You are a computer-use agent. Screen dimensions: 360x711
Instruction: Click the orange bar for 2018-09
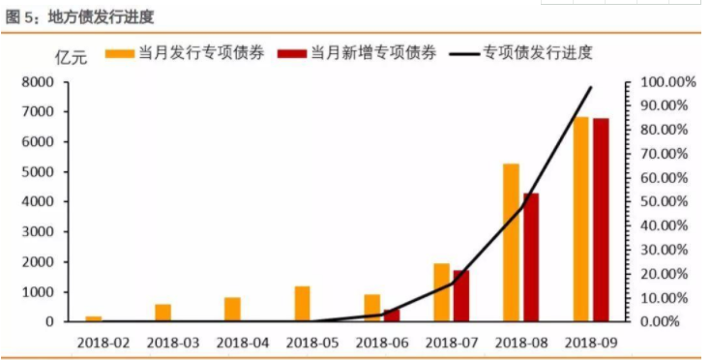(x=580, y=219)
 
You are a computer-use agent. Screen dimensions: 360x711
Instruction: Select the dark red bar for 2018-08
(x=530, y=256)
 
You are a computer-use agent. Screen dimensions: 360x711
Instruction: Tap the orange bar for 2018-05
(x=302, y=303)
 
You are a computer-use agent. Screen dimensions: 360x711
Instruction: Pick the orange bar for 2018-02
(x=93, y=317)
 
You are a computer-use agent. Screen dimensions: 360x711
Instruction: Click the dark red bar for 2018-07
(x=460, y=295)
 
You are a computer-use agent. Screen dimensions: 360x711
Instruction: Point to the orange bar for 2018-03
(x=163, y=312)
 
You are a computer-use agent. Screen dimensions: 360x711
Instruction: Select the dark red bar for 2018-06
(x=391, y=315)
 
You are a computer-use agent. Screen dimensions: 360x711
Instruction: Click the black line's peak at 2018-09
(x=591, y=87)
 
